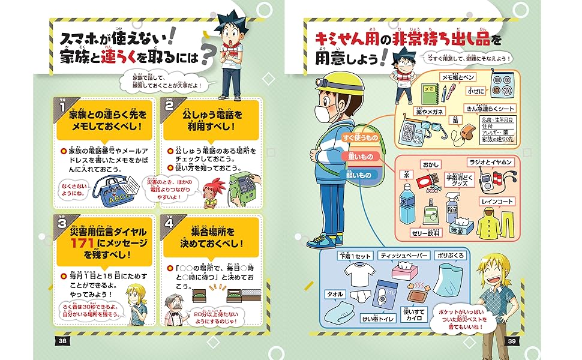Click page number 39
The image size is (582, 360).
tap(512, 341)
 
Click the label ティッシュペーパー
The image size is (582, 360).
tap(405, 255)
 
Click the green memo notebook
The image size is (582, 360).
tap(430, 95)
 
